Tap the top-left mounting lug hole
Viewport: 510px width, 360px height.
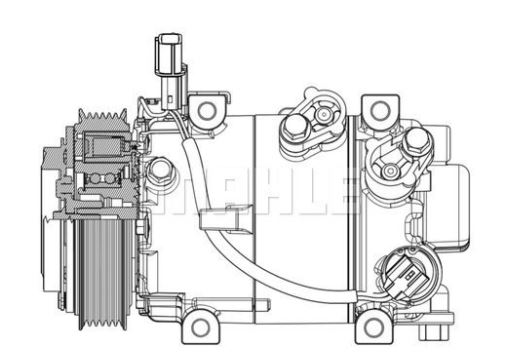[206, 110]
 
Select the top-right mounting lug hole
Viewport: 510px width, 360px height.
[377, 109]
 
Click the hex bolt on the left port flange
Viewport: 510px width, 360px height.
[296, 127]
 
